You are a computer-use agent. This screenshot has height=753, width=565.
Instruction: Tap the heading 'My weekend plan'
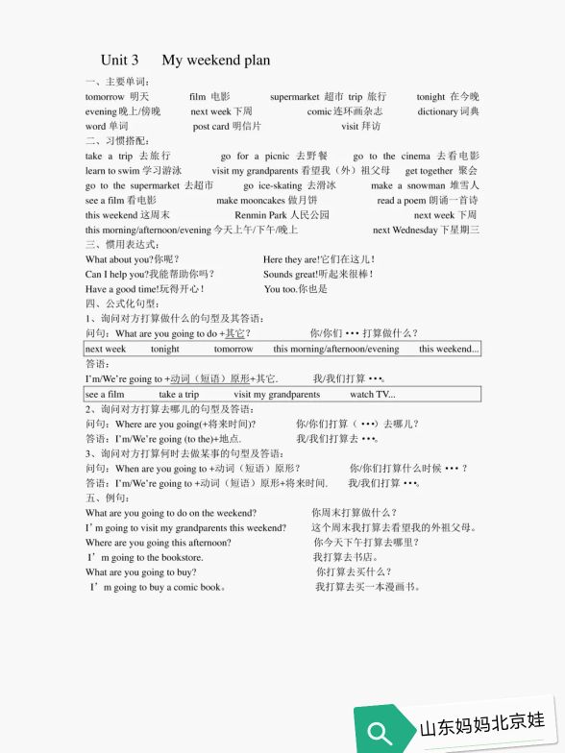pos(215,60)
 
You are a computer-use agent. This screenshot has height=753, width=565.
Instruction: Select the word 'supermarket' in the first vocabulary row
pos(294,97)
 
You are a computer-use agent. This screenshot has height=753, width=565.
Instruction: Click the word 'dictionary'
pos(437,111)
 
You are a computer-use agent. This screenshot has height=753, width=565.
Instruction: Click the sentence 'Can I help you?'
pos(116,274)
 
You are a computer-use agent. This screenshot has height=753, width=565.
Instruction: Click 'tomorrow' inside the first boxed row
pos(233,349)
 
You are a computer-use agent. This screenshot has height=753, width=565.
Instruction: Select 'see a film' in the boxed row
pos(105,394)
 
